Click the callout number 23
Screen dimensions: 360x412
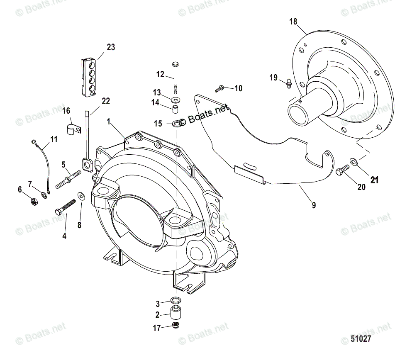pos(110,47)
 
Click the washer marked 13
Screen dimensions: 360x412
pos(178,100)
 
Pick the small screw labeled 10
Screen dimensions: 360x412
pos(219,88)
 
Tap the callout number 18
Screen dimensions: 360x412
pos(294,22)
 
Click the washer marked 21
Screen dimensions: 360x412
pos(353,161)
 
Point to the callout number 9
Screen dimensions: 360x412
pos(314,204)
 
